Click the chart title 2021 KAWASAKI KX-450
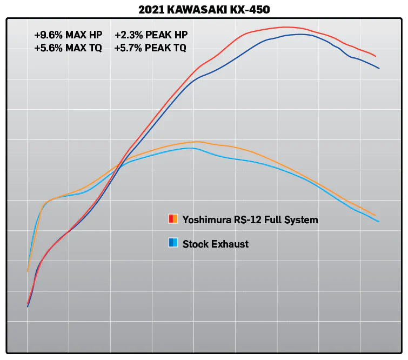(x=204, y=9)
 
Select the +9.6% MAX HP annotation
(x=68, y=35)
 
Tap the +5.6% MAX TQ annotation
(x=68, y=48)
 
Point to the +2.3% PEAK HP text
(x=151, y=35)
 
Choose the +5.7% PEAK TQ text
(x=151, y=48)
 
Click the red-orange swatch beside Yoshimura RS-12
(x=173, y=219)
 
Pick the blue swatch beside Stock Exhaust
(x=173, y=243)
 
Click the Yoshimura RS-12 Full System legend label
(x=250, y=219)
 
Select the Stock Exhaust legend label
(x=216, y=244)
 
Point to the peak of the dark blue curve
(x=300, y=34)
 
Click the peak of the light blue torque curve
(x=191, y=148)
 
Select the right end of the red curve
(x=376, y=56)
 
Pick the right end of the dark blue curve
(x=379, y=68)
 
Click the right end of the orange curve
(x=376, y=215)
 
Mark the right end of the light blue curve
(x=379, y=222)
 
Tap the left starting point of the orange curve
(x=28, y=271)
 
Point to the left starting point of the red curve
(x=28, y=304)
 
